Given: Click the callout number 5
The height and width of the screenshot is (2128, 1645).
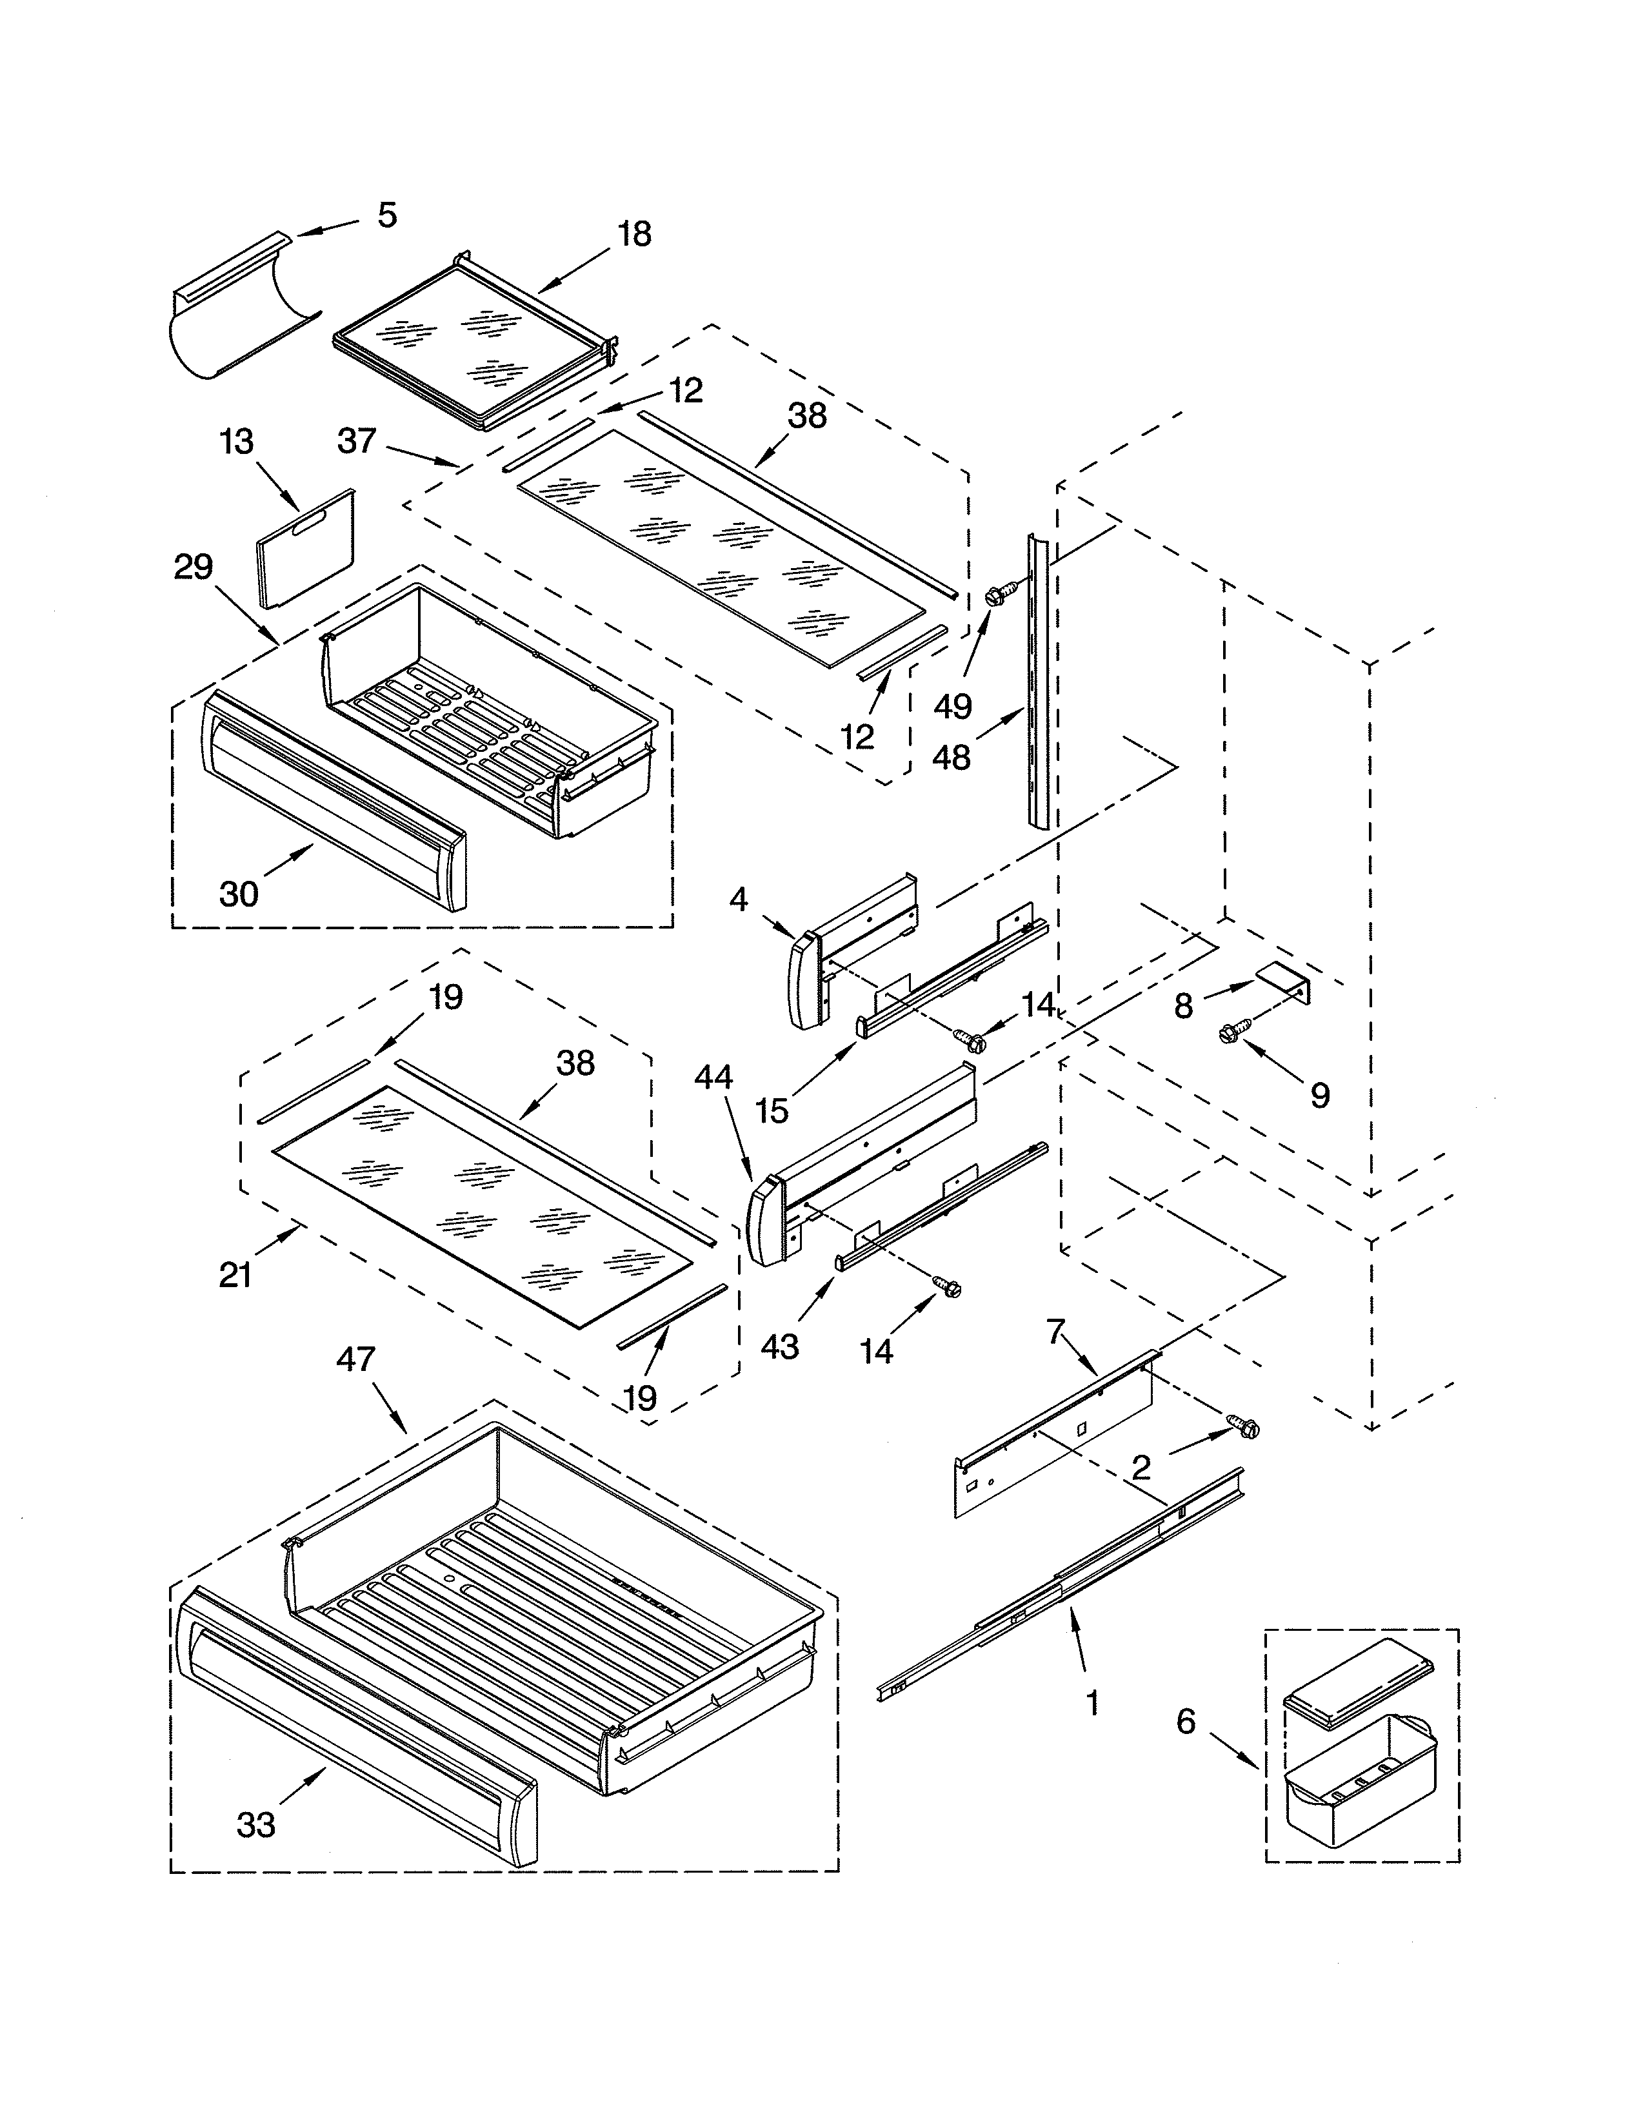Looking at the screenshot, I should (387, 215).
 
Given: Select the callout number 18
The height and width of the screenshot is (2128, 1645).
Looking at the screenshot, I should (634, 235).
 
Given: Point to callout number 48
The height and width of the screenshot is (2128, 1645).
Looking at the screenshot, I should (951, 757).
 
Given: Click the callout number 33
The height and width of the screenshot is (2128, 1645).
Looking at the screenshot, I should (256, 1824).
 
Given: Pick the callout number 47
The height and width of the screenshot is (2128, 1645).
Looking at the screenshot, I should (355, 1358).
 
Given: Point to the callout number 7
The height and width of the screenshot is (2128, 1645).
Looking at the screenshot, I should (1057, 1329).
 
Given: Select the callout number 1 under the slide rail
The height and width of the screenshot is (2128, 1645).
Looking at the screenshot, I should (1092, 1703).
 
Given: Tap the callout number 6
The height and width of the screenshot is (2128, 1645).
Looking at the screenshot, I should (1185, 1722).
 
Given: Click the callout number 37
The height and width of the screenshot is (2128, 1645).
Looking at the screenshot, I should (357, 440).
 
